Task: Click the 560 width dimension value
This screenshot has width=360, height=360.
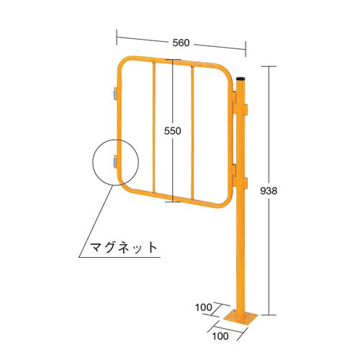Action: click(181, 42)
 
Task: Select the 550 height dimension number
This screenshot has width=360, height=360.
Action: click(172, 131)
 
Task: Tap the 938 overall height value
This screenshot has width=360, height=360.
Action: click(268, 191)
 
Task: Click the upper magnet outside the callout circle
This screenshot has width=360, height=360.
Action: click(114, 93)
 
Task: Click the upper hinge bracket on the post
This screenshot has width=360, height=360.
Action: click(241, 108)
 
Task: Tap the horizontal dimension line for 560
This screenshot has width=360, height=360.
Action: click(144, 39)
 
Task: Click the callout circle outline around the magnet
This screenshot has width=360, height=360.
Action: click(92, 162)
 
